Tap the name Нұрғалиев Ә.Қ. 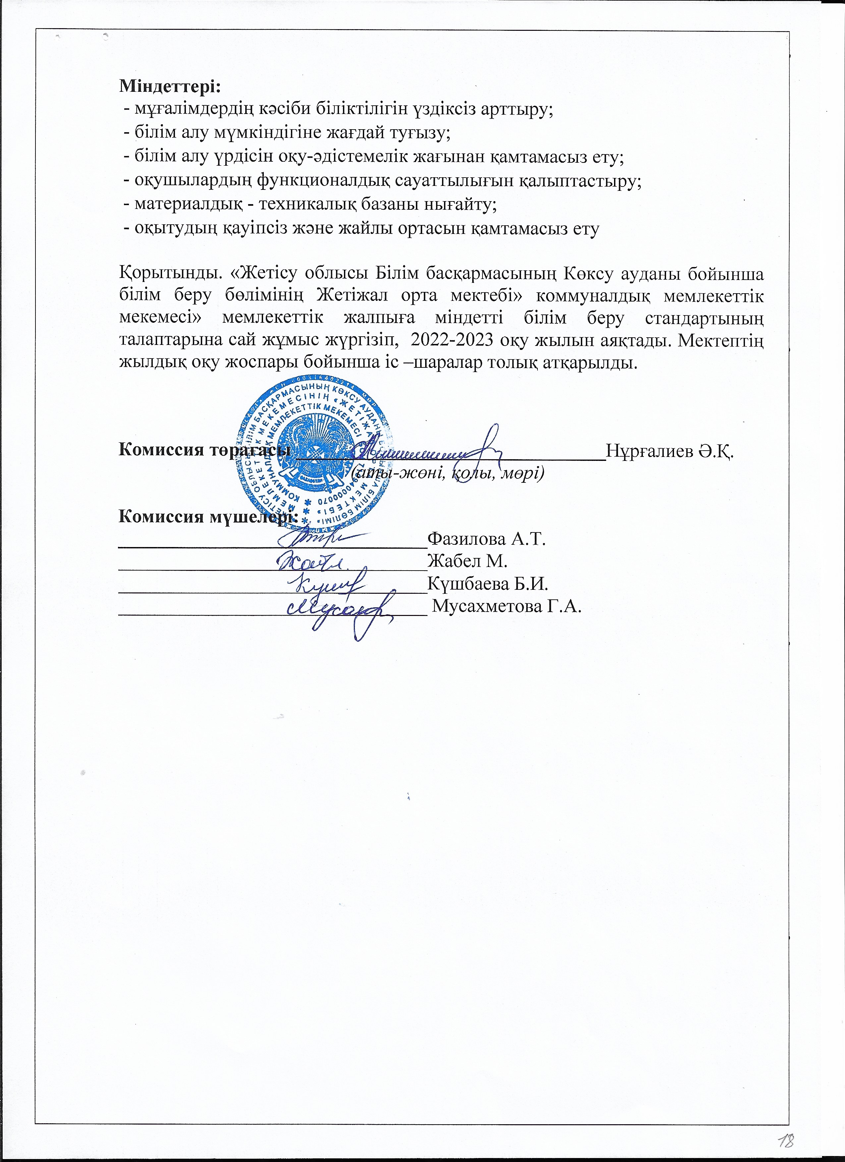[x=670, y=451]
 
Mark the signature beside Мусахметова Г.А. [x=341, y=610]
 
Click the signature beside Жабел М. [x=312, y=562]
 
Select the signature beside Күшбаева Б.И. [x=328, y=584]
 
